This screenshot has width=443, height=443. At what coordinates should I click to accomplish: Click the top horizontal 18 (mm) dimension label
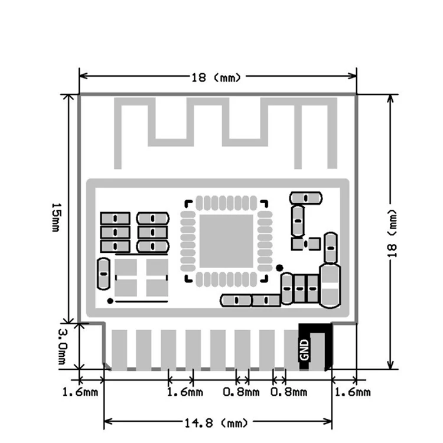click(216, 77)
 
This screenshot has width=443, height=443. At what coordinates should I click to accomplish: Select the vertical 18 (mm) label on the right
click(392, 234)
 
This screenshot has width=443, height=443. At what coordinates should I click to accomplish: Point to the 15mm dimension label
click(56, 217)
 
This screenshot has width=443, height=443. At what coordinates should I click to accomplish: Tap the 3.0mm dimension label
click(63, 347)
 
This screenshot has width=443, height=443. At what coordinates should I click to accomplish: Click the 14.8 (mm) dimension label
click(216, 423)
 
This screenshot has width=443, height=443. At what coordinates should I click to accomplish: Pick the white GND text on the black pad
click(304, 350)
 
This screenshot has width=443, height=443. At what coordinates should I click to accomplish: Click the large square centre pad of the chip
click(226, 241)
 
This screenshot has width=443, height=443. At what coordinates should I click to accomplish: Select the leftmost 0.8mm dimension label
click(241, 392)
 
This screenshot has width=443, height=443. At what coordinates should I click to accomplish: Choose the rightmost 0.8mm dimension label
click(289, 392)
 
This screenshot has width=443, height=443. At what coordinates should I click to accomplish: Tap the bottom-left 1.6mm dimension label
click(80, 392)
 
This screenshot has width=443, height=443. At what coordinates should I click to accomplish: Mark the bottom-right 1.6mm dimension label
click(352, 392)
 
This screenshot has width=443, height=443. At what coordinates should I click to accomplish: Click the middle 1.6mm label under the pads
click(185, 392)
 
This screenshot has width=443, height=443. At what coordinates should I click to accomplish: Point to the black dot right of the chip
click(279, 268)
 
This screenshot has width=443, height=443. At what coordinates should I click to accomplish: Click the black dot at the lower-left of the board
click(110, 301)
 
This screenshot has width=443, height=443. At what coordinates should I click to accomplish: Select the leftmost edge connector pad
click(119, 350)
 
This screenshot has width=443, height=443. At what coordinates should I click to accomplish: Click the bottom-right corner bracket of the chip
click(265, 279)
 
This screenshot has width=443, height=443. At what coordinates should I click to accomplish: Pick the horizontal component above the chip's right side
click(306, 198)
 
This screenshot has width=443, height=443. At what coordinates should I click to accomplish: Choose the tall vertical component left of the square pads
click(103, 273)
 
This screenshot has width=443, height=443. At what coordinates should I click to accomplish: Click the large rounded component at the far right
click(330, 286)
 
